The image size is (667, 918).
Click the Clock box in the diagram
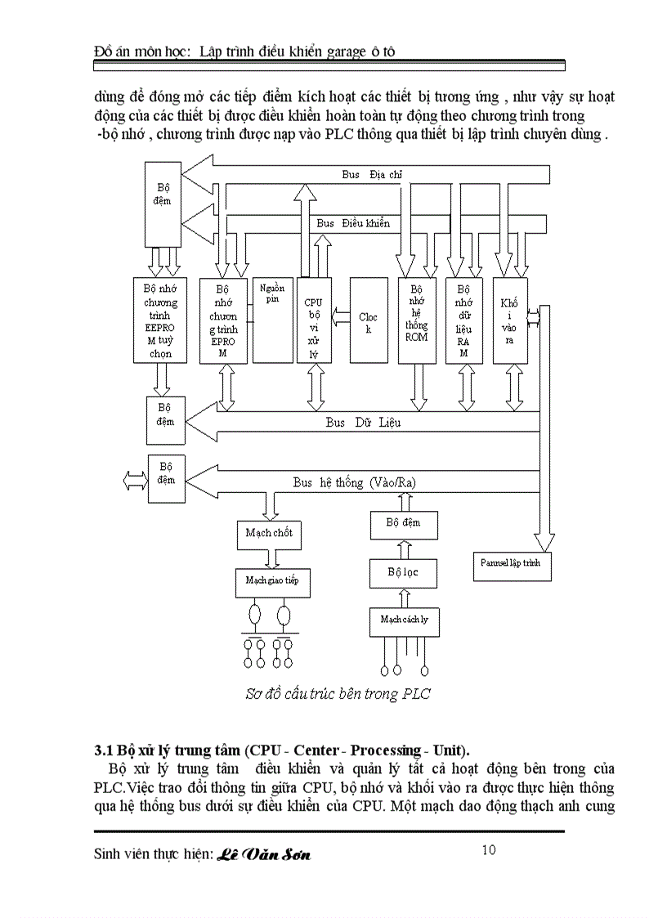tap(369, 321)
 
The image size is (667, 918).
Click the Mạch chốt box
tap(268, 533)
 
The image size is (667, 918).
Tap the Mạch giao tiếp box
tap(272, 581)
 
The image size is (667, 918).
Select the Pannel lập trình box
tap(512, 565)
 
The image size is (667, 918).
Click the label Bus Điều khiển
tap(353, 223)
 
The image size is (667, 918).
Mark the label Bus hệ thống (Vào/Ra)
tap(354, 482)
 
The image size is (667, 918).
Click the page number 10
tap(488, 850)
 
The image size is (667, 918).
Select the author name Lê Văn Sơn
tap(264, 855)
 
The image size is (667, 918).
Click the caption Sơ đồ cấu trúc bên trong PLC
tap(338, 694)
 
